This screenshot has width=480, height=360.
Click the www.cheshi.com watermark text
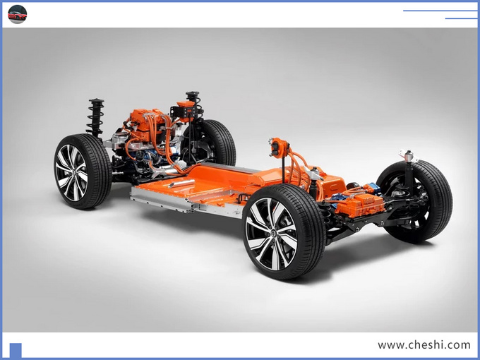pos(424,345)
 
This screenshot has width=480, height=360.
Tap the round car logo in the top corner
pos(17,14)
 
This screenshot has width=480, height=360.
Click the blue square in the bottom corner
pos(16,350)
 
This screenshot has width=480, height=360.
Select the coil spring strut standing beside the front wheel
pos(96,118)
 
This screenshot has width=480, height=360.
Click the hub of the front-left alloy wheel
pos(73,173)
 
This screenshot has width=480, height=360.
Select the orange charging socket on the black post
pos(280,148)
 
